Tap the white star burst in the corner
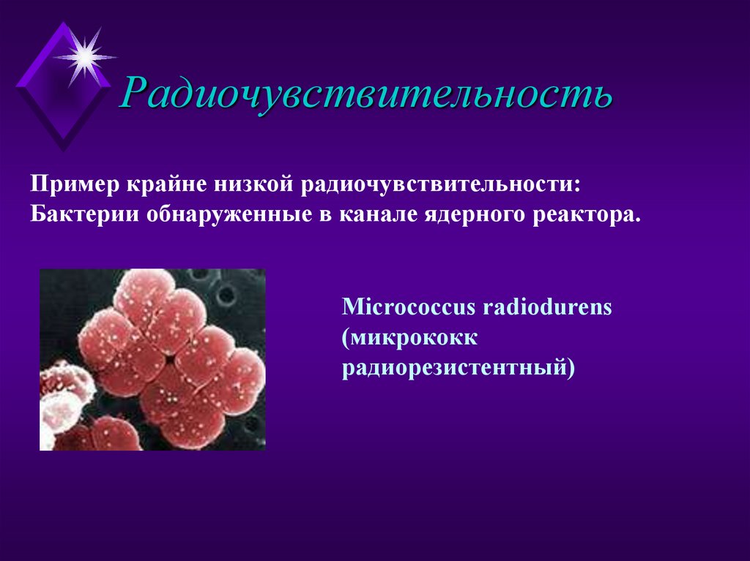tap(85, 56)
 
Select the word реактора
tap(583, 215)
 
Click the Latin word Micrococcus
tap(408, 306)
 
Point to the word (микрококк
tap(409, 337)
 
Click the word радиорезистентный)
tap(458, 368)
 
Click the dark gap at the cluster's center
tap(170, 361)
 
